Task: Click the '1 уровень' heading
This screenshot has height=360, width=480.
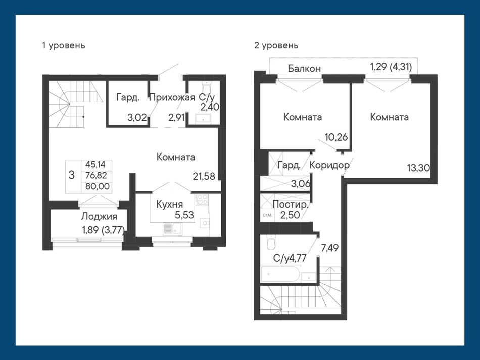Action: (x=63, y=46)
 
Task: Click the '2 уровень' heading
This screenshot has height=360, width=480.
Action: (x=276, y=46)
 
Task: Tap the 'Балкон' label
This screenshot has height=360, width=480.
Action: (x=304, y=68)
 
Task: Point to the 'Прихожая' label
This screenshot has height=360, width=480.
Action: (x=172, y=97)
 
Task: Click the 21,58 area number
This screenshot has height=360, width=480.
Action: (x=204, y=176)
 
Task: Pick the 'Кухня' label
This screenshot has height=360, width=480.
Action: (x=169, y=204)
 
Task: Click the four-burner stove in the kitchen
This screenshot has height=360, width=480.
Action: (x=202, y=200)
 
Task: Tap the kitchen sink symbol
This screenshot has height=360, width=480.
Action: (x=173, y=229)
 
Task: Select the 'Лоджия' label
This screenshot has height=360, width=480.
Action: (x=99, y=217)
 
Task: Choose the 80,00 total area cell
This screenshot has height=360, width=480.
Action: (x=97, y=186)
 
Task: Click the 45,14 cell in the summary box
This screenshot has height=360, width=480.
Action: (x=95, y=164)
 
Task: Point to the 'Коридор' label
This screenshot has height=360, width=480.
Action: (x=329, y=165)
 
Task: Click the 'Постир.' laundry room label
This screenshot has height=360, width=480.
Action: (x=290, y=204)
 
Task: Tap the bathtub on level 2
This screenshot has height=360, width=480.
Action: (x=280, y=274)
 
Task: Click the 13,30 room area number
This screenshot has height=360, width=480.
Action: (x=418, y=168)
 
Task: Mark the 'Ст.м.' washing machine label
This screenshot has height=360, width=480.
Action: (x=267, y=215)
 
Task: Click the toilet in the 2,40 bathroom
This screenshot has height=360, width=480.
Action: (x=207, y=86)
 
